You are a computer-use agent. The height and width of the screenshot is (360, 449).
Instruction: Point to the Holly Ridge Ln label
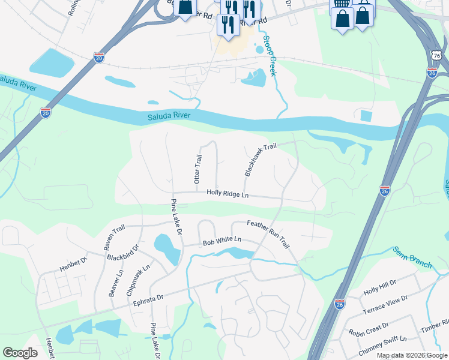tap(228, 193)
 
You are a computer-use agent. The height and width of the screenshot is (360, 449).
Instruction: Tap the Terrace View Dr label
tap(385, 305)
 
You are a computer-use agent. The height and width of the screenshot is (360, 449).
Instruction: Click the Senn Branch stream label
tap(413, 254)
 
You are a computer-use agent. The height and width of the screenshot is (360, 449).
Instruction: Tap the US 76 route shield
tap(436, 55)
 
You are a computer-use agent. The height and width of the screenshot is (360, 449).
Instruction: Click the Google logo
tap(20, 353)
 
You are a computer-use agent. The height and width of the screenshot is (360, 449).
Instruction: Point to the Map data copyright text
tap(412, 355)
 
